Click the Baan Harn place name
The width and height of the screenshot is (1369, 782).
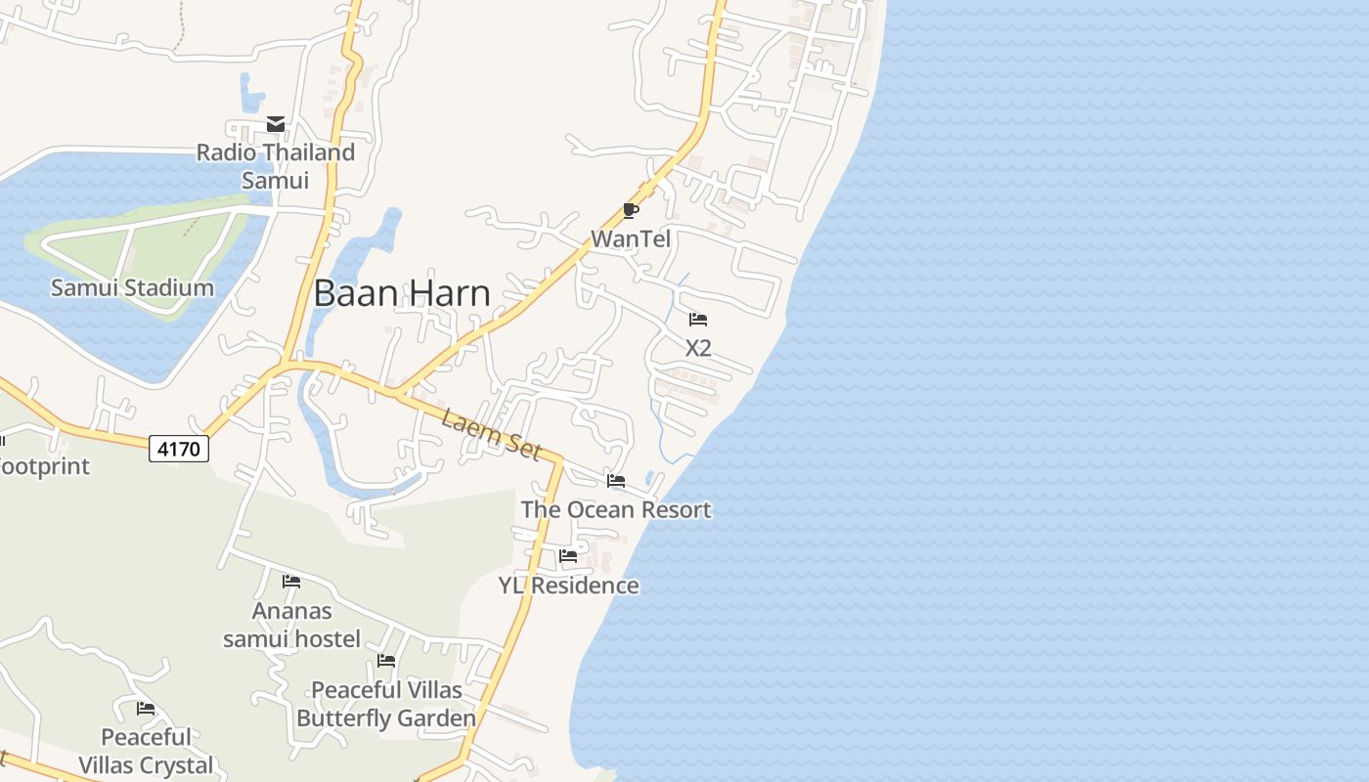[x=402, y=293]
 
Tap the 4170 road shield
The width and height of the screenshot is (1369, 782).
[x=179, y=449]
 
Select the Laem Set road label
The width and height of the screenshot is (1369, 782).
[x=491, y=435]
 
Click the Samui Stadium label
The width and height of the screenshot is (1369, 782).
[x=132, y=287]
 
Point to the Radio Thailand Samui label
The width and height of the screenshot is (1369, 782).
[x=275, y=166]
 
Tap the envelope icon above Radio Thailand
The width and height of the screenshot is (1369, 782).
[x=276, y=124]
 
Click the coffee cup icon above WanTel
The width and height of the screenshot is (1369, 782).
[x=631, y=210]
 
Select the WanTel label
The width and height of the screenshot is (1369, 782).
[x=631, y=239]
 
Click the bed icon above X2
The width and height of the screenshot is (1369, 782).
[x=698, y=320]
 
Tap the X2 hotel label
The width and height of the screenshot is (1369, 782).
[x=698, y=348]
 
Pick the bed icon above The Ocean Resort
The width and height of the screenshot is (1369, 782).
[x=616, y=481]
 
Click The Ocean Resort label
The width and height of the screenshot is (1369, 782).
[x=616, y=509]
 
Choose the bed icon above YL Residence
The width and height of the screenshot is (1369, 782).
[x=568, y=556]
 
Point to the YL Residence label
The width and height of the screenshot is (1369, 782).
[x=568, y=586]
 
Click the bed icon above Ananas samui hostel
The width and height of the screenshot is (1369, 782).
[x=291, y=582]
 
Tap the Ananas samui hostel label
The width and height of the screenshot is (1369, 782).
[x=291, y=625]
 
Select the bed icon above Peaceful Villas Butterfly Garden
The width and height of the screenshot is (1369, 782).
[x=386, y=662]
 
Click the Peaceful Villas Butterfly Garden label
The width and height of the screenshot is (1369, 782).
[x=386, y=704]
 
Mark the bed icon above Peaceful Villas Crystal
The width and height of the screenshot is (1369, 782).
[x=147, y=709]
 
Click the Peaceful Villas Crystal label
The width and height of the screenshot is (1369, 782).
[x=147, y=751]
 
